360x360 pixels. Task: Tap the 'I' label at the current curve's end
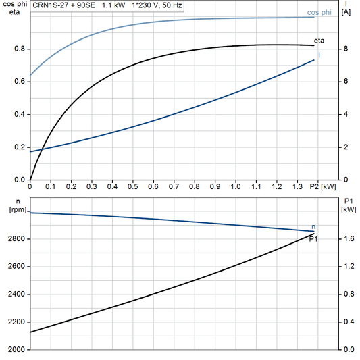319,55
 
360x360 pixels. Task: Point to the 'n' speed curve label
313,226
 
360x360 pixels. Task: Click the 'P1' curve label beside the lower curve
313,238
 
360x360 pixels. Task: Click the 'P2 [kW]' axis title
323,186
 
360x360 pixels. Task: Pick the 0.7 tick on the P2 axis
173,186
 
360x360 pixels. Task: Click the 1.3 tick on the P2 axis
297,186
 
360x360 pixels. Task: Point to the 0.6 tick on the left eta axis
20,82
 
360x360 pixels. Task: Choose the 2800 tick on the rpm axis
16,239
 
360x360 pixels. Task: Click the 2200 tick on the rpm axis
16,322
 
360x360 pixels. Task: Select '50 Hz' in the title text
170,5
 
